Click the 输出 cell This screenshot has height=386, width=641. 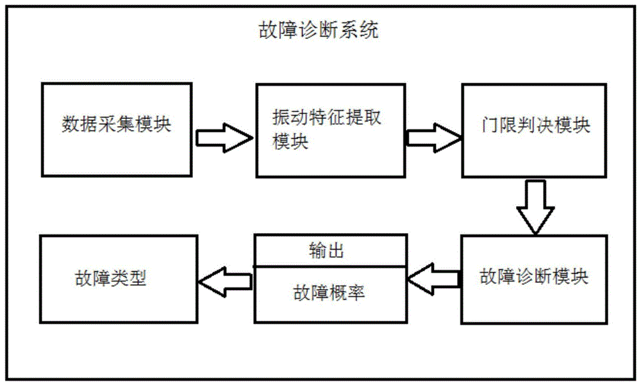coord(330,250)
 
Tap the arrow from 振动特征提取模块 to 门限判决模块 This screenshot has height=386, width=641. coord(433,137)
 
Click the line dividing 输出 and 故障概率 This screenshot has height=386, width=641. coord(330,266)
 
